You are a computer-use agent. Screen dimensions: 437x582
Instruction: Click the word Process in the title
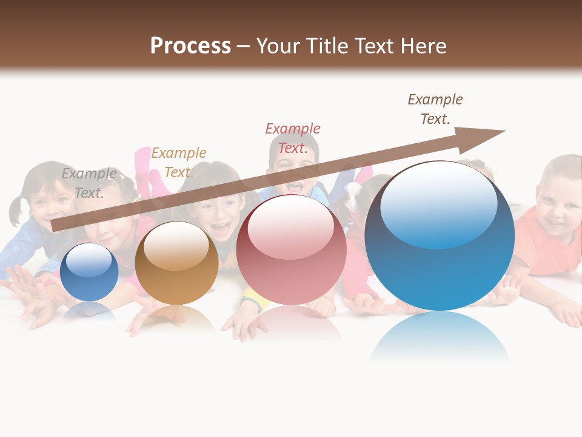click(190, 46)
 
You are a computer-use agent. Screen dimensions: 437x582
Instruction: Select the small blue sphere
click(89, 272)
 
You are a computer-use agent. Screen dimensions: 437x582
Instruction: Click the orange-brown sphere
click(176, 263)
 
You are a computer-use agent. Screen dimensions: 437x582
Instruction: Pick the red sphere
click(291, 250)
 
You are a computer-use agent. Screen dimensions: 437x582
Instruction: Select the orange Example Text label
click(178, 163)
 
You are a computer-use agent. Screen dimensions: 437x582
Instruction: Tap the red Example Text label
click(293, 138)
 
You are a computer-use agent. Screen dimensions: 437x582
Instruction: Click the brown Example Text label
click(435, 109)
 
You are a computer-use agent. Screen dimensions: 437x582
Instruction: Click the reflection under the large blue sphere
click(440, 337)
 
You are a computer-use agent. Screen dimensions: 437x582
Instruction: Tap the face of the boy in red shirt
click(558, 203)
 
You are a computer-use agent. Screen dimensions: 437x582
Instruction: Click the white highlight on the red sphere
click(290, 226)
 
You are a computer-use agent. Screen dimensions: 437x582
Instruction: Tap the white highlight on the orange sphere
click(176, 244)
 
